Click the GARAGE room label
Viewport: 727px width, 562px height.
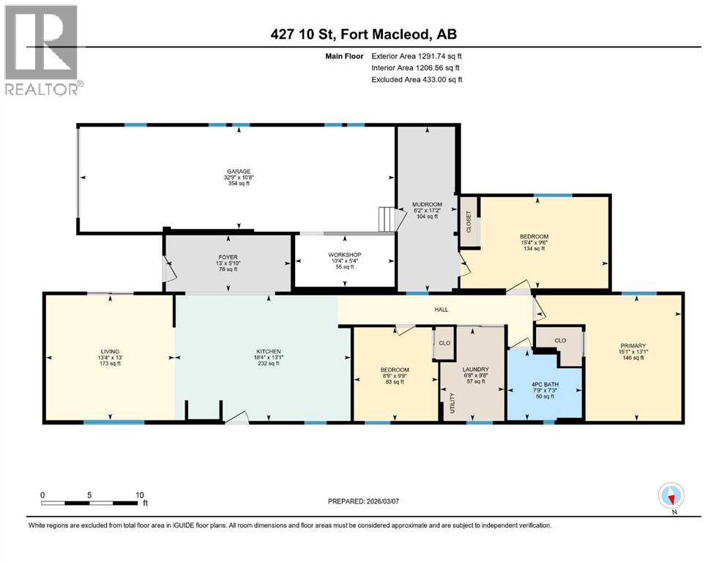tap(238, 171)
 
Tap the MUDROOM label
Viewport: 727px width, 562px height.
tap(426, 204)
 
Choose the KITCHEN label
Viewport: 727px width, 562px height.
tap(269, 351)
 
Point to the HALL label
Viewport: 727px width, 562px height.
tap(441, 310)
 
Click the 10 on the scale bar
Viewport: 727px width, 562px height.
tap(139, 494)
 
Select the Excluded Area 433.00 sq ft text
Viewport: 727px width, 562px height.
tap(417, 79)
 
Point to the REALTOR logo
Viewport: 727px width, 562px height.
tap(42, 50)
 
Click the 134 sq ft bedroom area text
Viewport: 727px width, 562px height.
tap(534, 249)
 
